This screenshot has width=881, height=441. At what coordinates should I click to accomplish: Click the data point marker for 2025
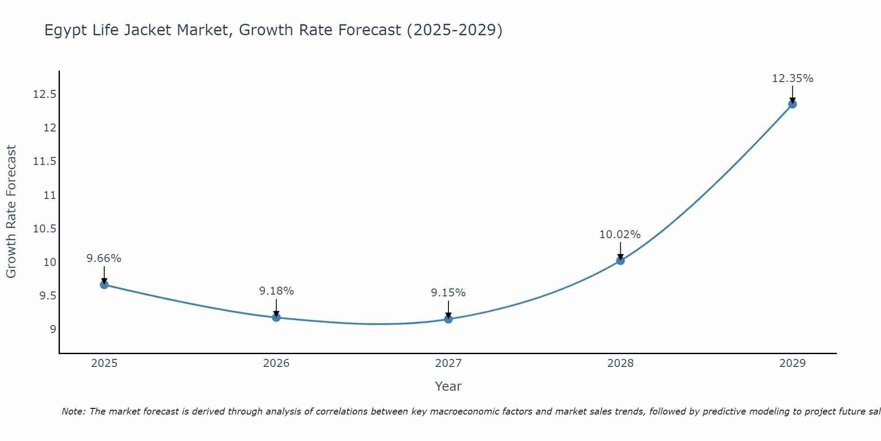tap(104, 285)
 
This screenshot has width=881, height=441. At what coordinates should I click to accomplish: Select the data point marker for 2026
tap(276, 318)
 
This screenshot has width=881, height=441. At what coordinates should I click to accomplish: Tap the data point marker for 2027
tap(448, 319)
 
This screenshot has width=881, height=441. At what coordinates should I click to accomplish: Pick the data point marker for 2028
tap(620, 261)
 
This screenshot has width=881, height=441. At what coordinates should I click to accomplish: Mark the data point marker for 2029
tap(792, 104)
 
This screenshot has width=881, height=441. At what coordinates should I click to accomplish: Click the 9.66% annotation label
tap(104, 258)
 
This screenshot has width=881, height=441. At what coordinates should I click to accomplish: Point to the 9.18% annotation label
tap(276, 291)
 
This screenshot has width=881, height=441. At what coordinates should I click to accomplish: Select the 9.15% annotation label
tap(448, 293)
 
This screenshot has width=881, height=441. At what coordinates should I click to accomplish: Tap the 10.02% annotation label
tap(620, 235)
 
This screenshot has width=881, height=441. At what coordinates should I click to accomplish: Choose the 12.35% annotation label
tap(792, 78)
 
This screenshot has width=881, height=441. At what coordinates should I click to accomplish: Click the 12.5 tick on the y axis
tap(44, 94)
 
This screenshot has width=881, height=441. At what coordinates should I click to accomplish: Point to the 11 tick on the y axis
tap(50, 195)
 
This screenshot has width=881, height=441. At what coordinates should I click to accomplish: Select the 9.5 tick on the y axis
tap(48, 295)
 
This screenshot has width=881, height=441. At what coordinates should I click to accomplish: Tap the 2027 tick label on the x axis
tap(448, 363)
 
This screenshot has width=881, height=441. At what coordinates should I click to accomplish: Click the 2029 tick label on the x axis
tap(792, 363)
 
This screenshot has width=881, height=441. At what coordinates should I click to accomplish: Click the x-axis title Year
tap(448, 386)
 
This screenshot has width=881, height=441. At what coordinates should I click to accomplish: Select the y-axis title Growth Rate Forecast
tap(11, 212)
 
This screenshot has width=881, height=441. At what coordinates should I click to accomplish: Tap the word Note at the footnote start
tap(74, 411)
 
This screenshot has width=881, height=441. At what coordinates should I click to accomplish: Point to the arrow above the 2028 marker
tap(620, 251)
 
